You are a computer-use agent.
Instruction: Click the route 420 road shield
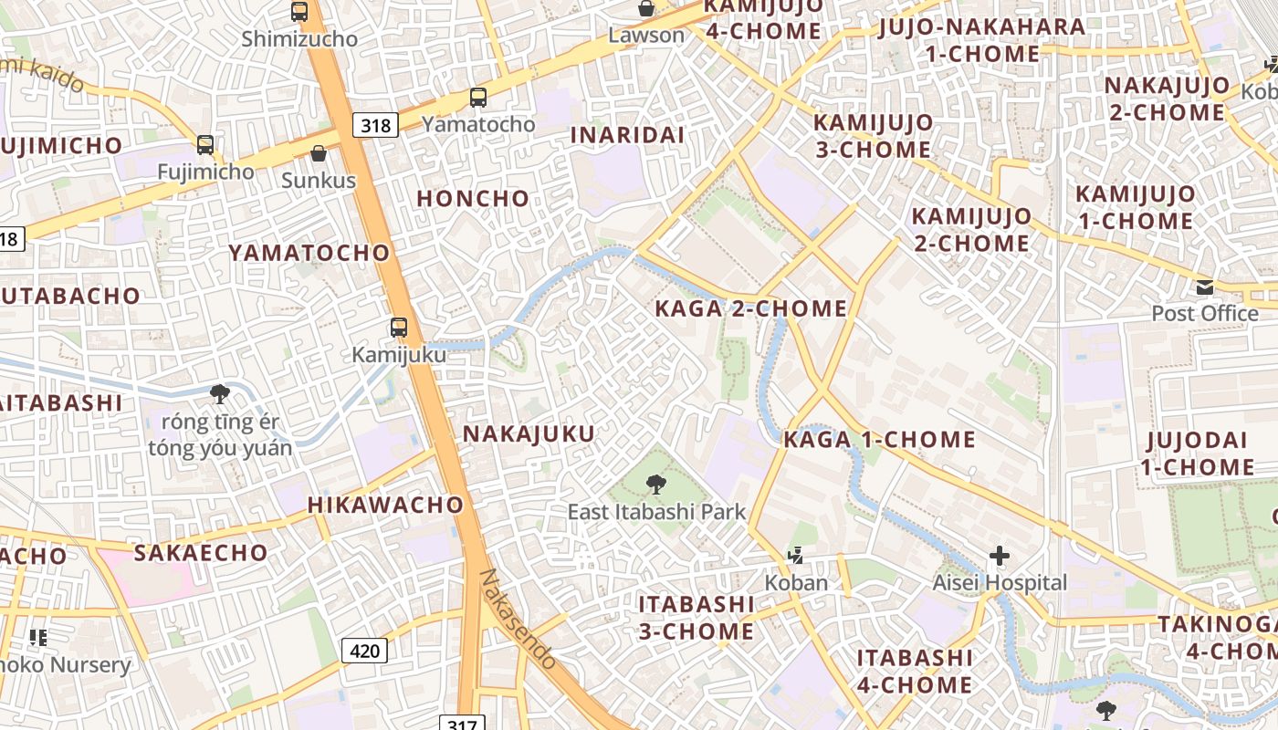364,651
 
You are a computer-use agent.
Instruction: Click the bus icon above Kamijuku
399,328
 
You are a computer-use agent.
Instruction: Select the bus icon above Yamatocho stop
478,98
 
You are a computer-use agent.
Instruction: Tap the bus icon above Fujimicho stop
205,144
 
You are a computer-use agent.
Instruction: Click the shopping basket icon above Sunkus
318,153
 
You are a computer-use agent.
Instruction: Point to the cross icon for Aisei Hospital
1000,555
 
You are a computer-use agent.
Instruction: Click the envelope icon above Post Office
1205,287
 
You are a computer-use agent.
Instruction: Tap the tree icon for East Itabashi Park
655,485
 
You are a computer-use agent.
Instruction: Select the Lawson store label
646,36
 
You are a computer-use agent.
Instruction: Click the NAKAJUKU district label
529,433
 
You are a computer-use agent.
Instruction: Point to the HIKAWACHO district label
385,505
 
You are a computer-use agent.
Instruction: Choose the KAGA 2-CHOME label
751,308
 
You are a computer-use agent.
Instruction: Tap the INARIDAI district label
627,135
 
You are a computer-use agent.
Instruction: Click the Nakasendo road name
518,620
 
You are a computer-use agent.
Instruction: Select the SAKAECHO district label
201,552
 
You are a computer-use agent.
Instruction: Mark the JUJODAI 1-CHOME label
1197,454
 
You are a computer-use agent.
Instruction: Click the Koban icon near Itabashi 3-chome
796,555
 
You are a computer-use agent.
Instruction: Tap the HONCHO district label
473,198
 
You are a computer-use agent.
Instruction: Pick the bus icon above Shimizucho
299,12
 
